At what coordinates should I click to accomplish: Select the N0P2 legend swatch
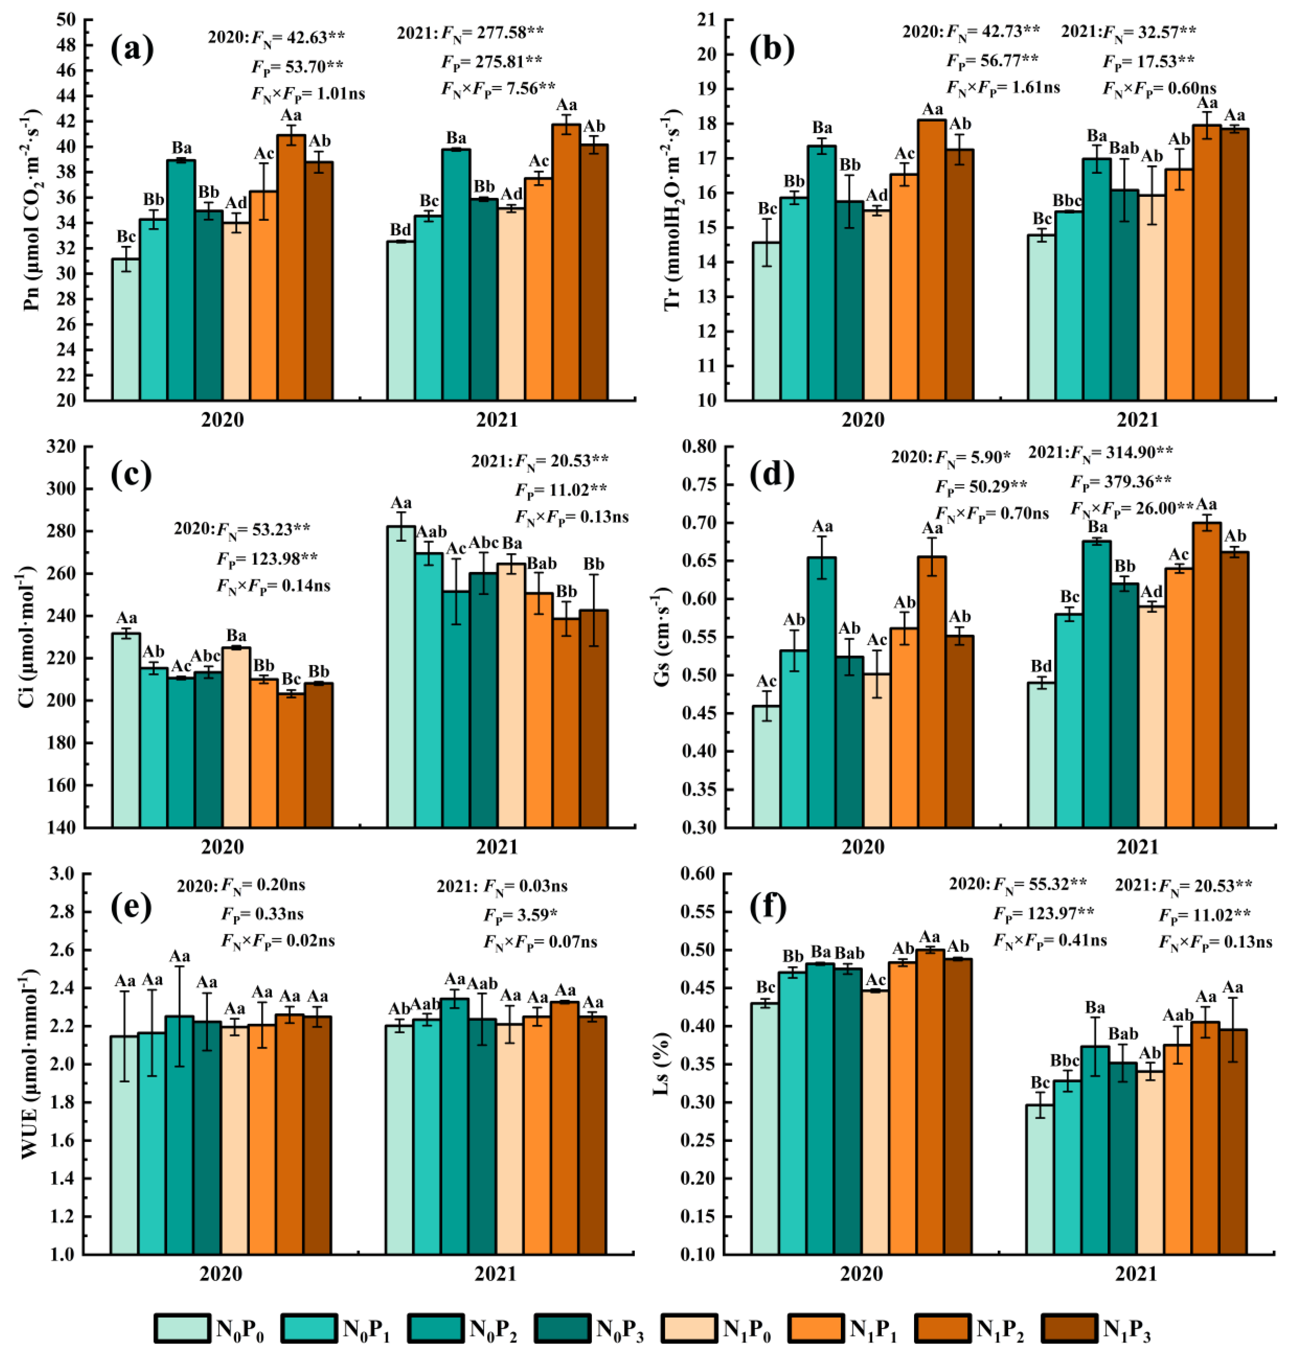(435, 1328)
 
